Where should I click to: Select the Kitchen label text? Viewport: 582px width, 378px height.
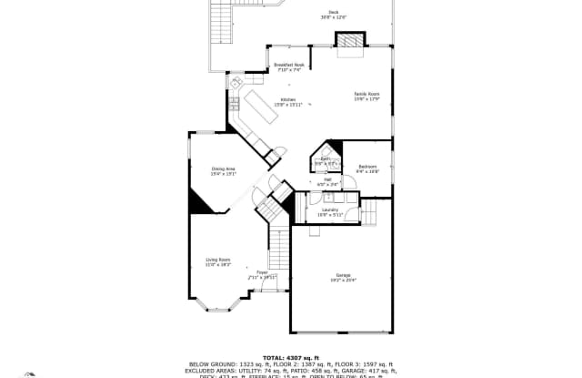[287, 101]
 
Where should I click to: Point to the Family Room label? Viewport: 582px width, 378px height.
[366, 96]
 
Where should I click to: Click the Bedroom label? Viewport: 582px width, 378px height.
[367, 169]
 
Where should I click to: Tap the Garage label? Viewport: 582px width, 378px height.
[342, 278]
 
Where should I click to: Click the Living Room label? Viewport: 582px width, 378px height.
[217, 261]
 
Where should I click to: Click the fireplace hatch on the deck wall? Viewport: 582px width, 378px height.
[348, 40]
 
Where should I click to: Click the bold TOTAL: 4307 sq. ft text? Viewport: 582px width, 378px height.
[291, 356]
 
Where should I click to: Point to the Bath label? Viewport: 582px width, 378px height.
[325, 161]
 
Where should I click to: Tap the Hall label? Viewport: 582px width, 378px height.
[328, 182]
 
